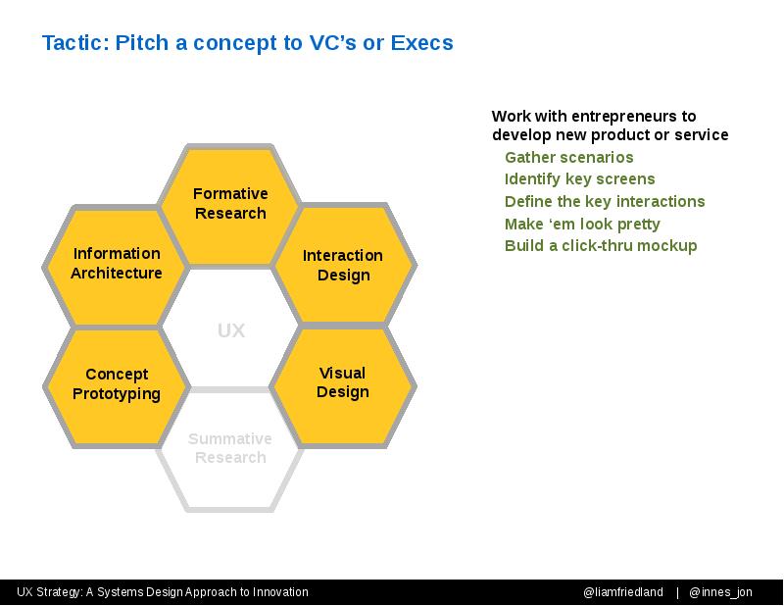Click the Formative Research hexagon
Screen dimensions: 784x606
coord(230,204)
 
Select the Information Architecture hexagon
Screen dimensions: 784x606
coord(117,264)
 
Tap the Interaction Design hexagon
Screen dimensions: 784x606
coord(344,264)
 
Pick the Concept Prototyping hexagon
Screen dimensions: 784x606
coord(117,384)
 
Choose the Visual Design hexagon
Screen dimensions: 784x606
coord(343,384)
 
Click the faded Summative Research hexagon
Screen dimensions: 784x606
coord(230,448)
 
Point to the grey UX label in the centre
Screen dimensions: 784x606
coord(231,330)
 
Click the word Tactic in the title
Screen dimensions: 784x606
coord(75,43)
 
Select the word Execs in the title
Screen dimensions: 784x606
coord(422,43)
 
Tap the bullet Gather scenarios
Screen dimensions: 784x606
coord(569,158)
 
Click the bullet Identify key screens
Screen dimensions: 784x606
coord(579,179)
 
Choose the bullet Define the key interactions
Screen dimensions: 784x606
coord(605,202)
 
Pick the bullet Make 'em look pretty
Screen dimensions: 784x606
coord(582,225)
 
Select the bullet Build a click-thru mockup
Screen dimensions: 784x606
coord(601,246)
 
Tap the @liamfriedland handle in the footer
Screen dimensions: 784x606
coord(623,592)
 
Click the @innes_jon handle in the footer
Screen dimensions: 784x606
coord(720,592)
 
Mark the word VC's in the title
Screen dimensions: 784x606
coord(332,43)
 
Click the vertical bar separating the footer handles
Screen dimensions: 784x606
coord(677,592)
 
